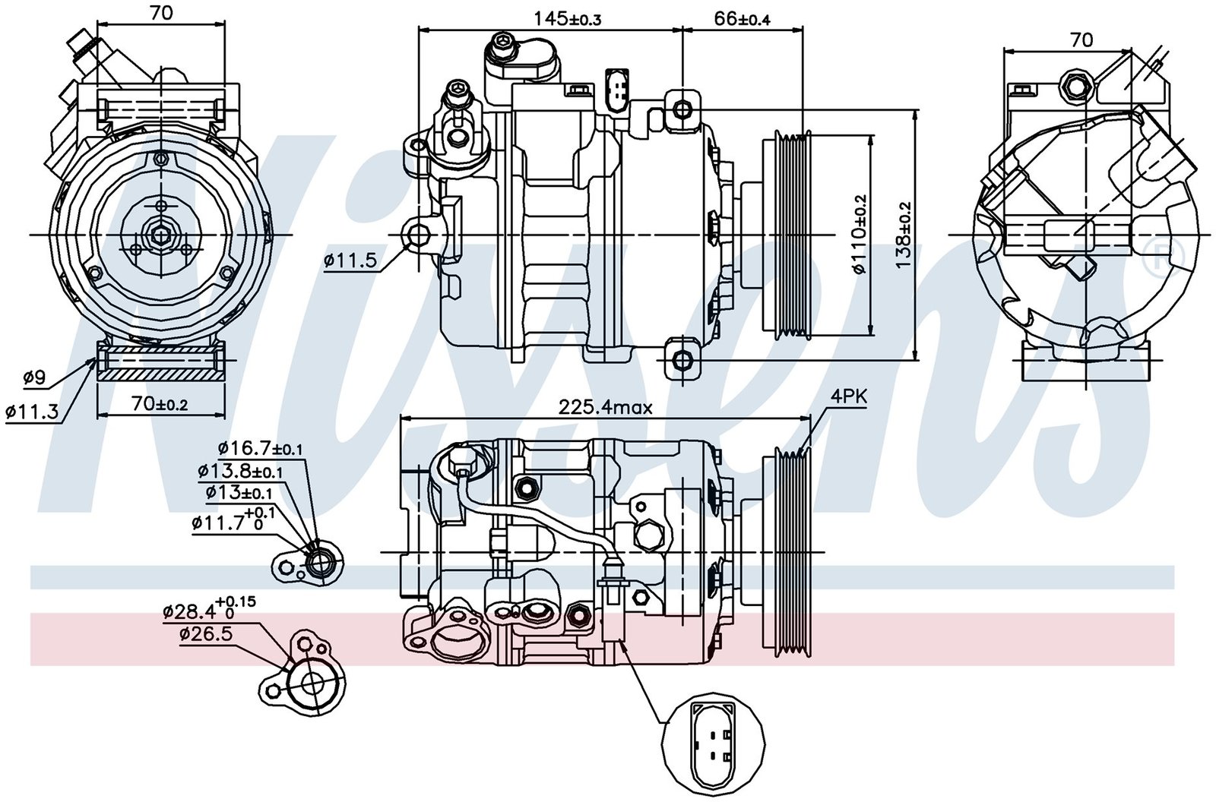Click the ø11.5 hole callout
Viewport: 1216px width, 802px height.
coord(350,260)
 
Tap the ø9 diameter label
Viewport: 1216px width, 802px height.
coord(35,376)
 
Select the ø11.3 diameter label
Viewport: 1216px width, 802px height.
coord(32,412)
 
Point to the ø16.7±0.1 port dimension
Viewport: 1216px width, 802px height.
coord(260,449)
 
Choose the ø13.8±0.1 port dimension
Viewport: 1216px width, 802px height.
coord(240,471)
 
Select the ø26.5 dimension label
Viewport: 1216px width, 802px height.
coord(206,635)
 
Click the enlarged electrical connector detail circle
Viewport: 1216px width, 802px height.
coord(711,739)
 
